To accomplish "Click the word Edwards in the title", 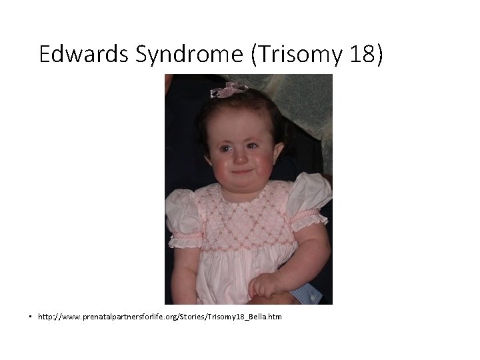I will click(x=84, y=54).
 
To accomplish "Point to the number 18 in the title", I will click(x=361, y=55).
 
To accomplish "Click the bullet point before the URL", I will click(x=31, y=316).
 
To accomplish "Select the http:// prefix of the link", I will click(x=48, y=317).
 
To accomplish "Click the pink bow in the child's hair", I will click(x=228, y=89).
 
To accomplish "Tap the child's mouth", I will click(x=241, y=172).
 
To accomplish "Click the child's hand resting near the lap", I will click(x=264, y=285).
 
